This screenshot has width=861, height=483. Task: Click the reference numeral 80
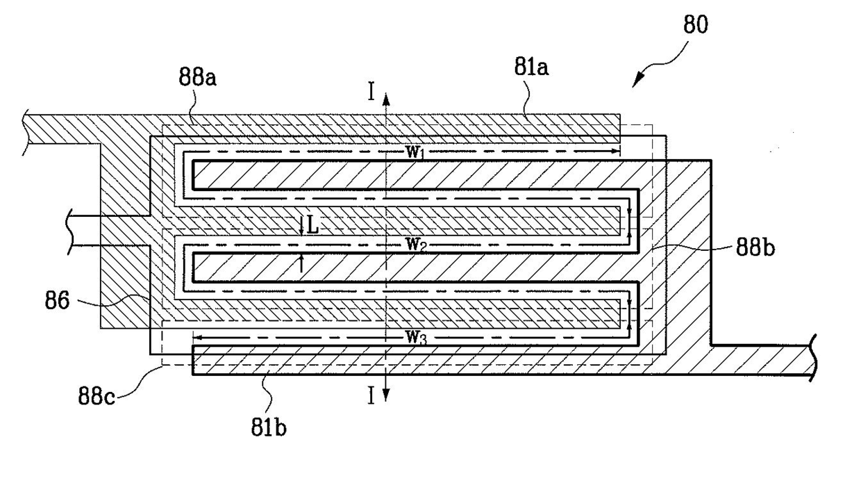[x=695, y=25]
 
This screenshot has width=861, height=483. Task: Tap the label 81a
[x=532, y=67]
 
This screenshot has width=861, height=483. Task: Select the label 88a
[x=198, y=77]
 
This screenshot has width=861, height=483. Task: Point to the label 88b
[x=755, y=247]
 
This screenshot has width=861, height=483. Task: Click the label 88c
[x=97, y=395]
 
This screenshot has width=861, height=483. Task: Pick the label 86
[x=57, y=301]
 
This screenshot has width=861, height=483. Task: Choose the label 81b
[x=269, y=427]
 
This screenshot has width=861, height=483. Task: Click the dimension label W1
[x=415, y=153]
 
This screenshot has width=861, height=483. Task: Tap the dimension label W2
[x=415, y=245]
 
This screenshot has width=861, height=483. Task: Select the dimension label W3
[x=416, y=338]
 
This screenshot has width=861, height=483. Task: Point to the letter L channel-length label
[x=313, y=227]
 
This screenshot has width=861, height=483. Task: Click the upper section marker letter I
[x=371, y=92]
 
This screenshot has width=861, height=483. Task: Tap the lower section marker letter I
[x=371, y=396]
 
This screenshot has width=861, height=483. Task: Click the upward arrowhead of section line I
[x=386, y=99]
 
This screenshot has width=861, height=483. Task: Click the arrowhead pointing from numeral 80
[x=637, y=81]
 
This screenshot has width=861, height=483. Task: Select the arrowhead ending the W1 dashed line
[x=615, y=151]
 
